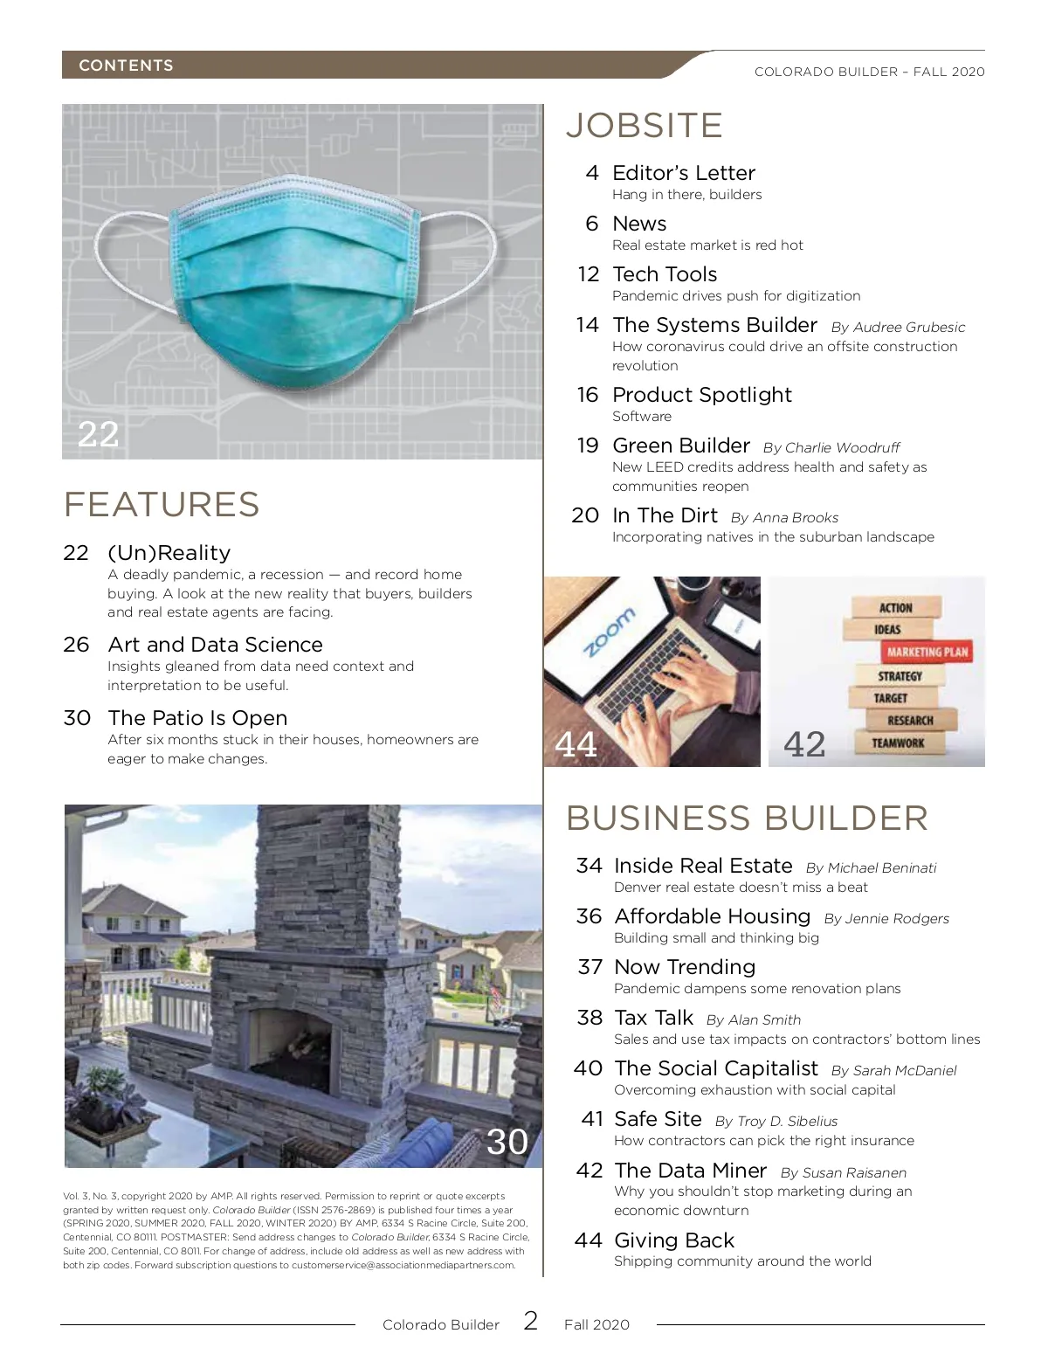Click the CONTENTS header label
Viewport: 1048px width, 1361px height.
pos(126,66)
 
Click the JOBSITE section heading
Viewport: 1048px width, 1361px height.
pos(645,126)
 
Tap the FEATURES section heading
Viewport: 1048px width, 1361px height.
pos(162,505)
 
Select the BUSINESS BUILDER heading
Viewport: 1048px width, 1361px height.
pos(747,819)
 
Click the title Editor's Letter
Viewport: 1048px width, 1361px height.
pos(684,173)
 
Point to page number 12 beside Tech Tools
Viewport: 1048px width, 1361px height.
pos(588,274)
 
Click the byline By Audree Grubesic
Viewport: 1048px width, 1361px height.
pos(898,328)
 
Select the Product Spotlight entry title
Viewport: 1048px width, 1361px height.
pos(702,395)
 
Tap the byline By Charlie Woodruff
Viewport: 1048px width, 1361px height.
pos(831,448)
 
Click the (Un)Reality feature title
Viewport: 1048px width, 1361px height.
pos(169,553)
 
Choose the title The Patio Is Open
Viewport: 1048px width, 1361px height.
pos(197,718)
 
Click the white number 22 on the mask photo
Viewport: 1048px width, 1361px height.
pos(98,434)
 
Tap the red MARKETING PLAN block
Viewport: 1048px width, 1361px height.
pos(927,652)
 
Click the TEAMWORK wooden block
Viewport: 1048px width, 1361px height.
pos(898,743)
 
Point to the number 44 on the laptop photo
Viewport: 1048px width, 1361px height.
pos(576,744)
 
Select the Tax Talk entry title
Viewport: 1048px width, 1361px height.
pos(653,1018)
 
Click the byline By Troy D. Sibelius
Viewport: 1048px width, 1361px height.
pos(776,1122)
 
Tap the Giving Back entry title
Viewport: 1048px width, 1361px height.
pos(674,1240)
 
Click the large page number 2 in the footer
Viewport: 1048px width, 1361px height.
pos(531,1320)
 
